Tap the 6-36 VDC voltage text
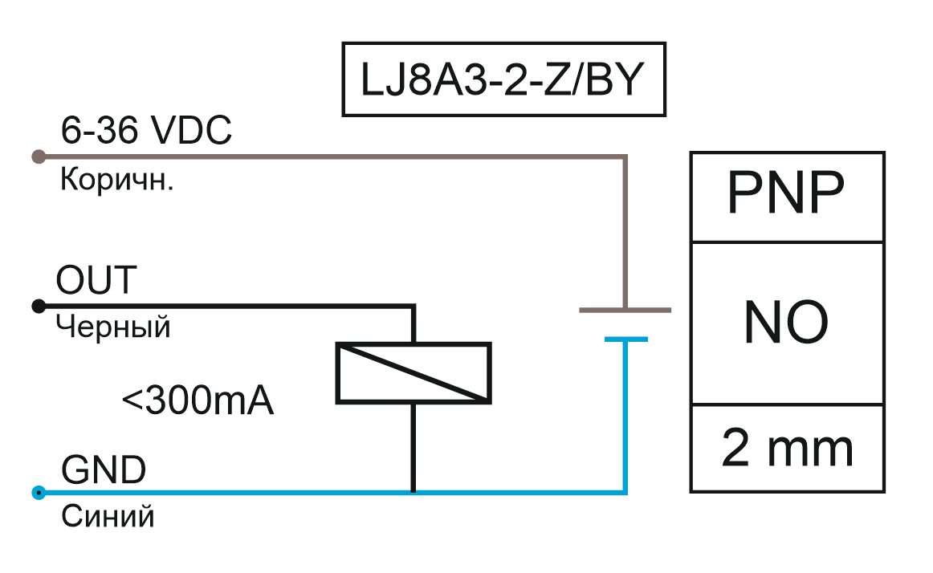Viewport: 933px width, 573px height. coord(146,131)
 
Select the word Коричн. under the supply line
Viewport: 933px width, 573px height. coord(117,180)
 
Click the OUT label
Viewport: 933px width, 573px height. coord(96,281)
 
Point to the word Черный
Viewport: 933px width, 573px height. coord(113,327)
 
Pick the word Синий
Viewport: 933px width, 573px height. coord(107,516)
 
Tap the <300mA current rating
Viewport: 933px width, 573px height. coord(198,400)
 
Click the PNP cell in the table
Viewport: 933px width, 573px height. coord(786,195)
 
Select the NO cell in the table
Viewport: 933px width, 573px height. coord(786,323)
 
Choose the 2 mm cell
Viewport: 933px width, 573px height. coord(786,448)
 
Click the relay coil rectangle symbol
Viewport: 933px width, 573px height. coord(414,373)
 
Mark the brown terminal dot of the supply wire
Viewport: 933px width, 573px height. coord(37,156)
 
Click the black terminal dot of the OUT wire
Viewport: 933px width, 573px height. coord(37,306)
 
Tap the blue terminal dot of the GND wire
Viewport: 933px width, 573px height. coord(37,492)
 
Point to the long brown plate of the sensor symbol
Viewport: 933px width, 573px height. coord(625,309)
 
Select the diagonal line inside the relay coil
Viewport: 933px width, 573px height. coord(414,373)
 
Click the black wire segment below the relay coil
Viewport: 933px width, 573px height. coord(414,446)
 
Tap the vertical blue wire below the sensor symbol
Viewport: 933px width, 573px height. coord(625,417)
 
